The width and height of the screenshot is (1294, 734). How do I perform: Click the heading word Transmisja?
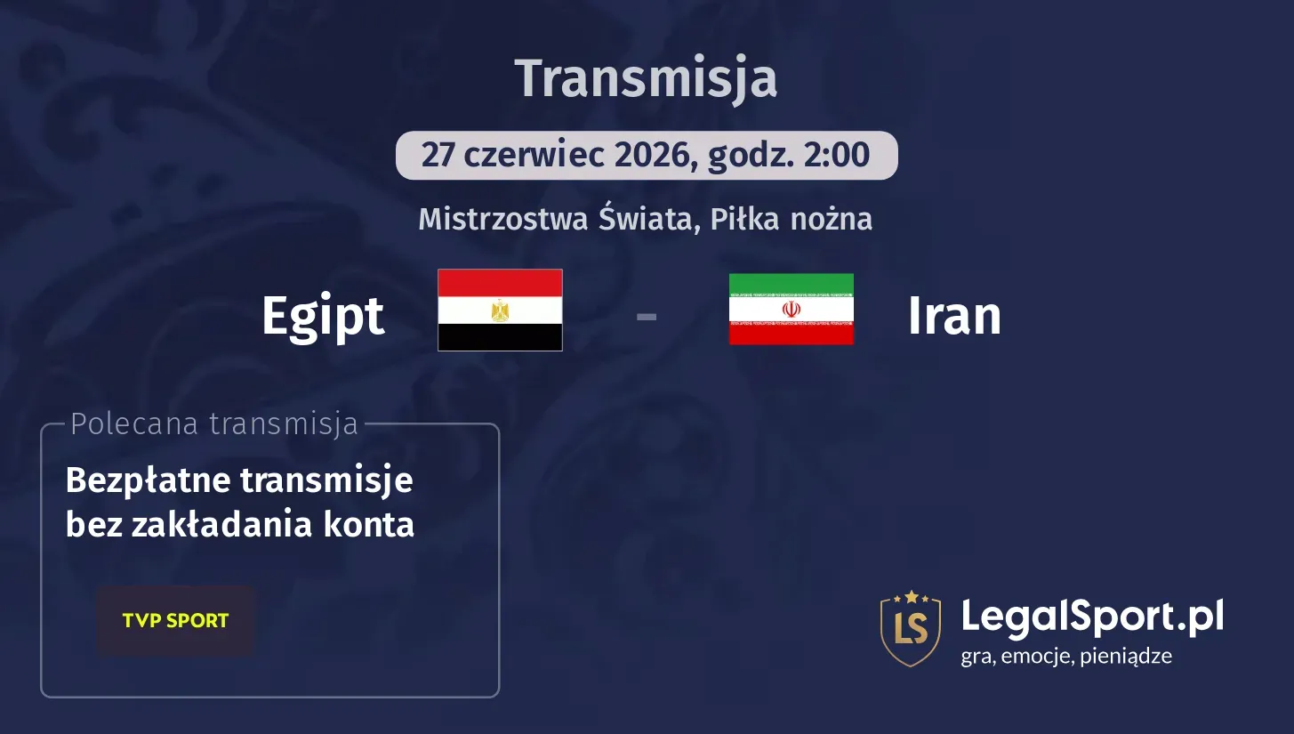(x=646, y=78)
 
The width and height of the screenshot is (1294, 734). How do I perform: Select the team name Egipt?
(x=323, y=316)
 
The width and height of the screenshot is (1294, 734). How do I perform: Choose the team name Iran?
(x=954, y=316)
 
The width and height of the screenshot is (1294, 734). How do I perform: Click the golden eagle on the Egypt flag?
(x=500, y=310)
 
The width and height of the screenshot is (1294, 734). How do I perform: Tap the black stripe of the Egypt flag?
(x=500, y=336)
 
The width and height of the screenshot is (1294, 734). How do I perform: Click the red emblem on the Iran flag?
(x=791, y=309)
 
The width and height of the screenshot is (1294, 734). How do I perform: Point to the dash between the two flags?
(x=647, y=316)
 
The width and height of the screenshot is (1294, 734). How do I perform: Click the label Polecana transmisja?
(x=213, y=424)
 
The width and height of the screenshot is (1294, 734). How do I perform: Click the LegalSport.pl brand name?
(x=1092, y=616)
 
